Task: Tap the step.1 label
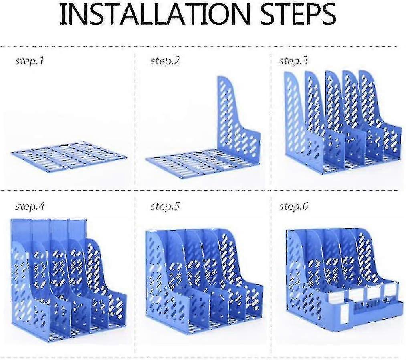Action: click(x=30, y=62)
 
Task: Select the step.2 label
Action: click(x=165, y=62)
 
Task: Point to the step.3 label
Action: click(x=294, y=61)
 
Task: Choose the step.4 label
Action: click(x=30, y=207)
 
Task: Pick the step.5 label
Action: click(x=165, y=207)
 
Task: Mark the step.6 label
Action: click(x=294, y=207)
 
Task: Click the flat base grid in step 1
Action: click(x=69, y=156)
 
